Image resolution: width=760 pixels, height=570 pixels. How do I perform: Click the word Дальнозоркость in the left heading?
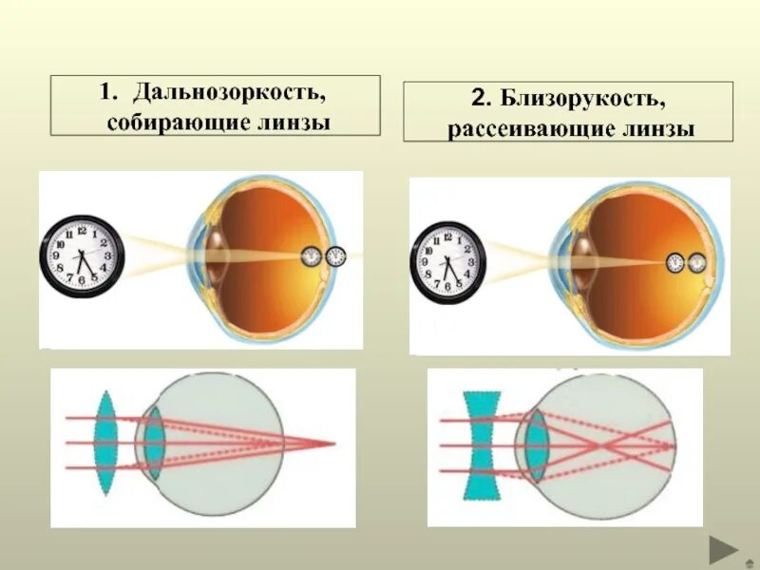click(x=231, y=94)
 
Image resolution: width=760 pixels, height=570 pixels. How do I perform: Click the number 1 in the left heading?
click(x=106, y=94)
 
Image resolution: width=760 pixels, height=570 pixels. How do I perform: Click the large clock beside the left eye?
click(x=83, y=256)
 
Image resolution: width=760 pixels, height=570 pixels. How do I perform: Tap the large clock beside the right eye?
click(x=448, y=261)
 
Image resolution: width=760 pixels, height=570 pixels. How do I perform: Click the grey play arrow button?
click(x=725, y=550)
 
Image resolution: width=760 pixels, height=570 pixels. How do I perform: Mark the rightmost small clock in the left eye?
click(x=335, y=256)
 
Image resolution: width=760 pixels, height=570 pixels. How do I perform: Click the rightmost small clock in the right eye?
click(x=698, y=261)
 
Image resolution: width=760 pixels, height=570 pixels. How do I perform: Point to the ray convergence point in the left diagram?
click(x=333, y=443)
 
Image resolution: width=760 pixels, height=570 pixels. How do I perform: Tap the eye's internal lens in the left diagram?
click(x=154, y=443)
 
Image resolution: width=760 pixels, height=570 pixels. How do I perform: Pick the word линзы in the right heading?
click(x=659, y=129)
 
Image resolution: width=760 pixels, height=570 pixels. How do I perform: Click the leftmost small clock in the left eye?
click(x=312, y=256)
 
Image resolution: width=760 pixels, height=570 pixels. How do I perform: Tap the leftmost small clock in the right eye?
click(x=675, y=261)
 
